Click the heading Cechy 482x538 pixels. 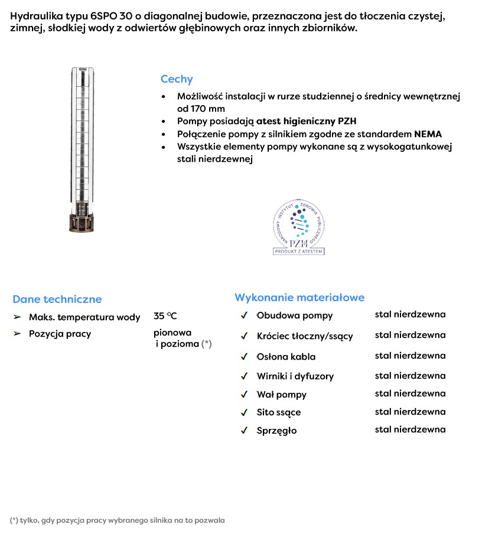click(177, 79)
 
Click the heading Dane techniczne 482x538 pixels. click(57, 299)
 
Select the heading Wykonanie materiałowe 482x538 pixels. click(299, 298)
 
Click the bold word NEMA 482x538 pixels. click(428, 134)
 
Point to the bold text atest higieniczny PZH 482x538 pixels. click(306, 121)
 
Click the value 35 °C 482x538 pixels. click(165, 316)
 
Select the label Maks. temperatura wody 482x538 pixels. click(84, 317)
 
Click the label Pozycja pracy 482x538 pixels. click(60, 334)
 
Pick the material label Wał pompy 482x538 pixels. click(281, 394)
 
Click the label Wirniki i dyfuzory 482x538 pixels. click(295, 376)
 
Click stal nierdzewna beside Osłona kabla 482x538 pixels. click(410, 356)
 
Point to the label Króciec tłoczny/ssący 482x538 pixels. click(304, 336)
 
